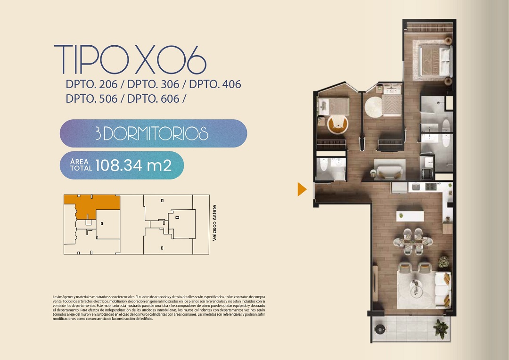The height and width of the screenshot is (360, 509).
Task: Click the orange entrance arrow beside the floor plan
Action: coord(302,189)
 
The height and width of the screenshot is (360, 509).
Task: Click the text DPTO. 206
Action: coord(91,84)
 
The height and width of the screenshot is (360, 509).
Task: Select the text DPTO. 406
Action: coord(215,84)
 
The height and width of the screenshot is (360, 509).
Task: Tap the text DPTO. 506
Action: coord(91,98)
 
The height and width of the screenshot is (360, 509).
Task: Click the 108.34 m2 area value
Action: coord(133,165)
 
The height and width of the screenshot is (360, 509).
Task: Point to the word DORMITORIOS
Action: coord(156,133)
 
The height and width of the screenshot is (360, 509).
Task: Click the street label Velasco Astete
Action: coord(214,223)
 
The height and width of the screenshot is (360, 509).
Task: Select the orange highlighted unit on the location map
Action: coord(92,205)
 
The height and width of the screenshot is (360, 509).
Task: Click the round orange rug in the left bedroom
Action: coord(337,124)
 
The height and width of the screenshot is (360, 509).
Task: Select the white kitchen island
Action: coord(410,216)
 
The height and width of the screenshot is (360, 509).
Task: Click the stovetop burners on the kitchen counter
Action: coord(430,187)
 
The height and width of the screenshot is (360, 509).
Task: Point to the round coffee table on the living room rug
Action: coord(416,288)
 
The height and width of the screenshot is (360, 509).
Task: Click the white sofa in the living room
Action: coord(443,290)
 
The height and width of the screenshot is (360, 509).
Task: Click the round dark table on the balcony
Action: coord(380,329)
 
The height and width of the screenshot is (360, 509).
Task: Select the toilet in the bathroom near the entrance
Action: coord(323,164)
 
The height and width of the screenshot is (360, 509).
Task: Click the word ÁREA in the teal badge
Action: coord(80,162)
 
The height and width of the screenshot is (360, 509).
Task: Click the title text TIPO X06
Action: coord(130,60)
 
